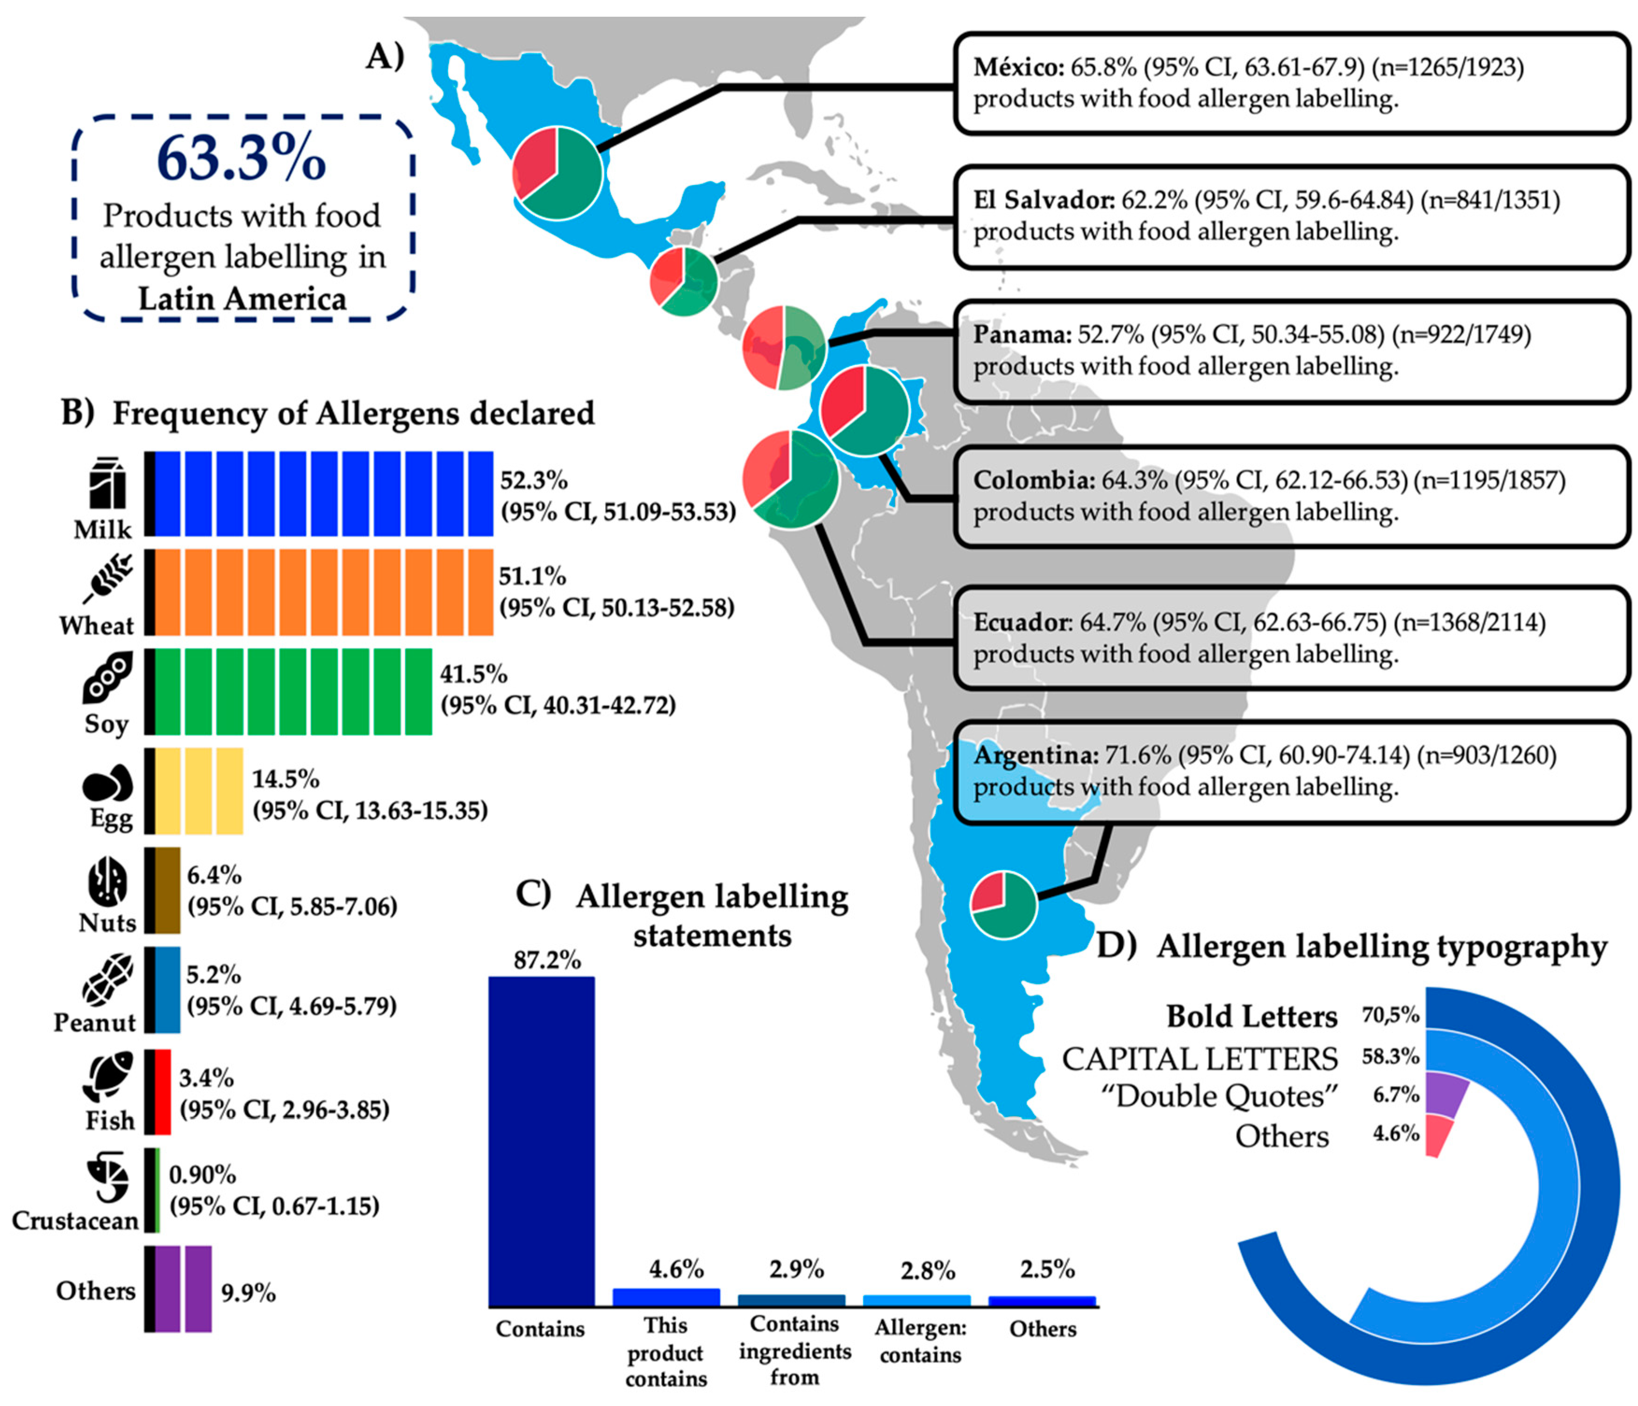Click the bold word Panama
(x=1021, y=335)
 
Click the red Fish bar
(x=163, y=1092)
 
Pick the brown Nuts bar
(x=168, y=891)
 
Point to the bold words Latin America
(x=242, y=299)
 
